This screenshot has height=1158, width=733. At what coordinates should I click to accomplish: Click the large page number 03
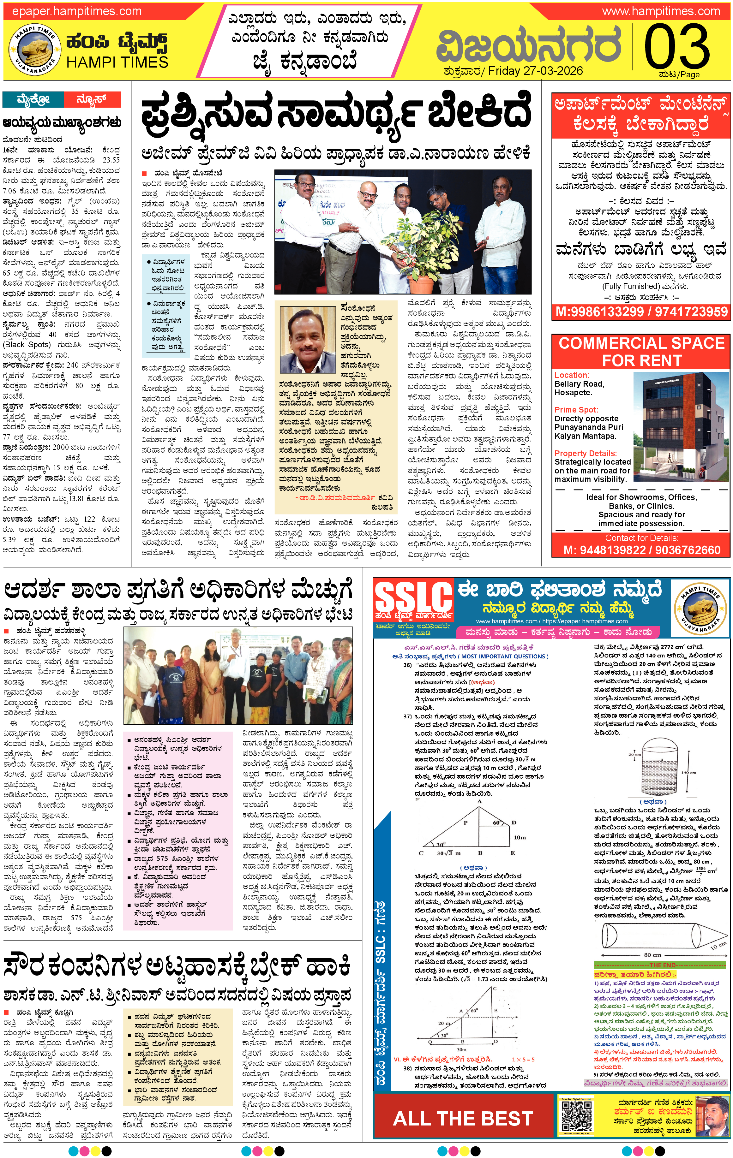coord(677,47)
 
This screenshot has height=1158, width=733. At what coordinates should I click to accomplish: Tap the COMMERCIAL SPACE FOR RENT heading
coord(641,352)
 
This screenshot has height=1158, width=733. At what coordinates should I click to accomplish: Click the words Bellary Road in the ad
coord(579,384)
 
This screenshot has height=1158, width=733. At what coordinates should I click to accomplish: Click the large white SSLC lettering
coord(413,596)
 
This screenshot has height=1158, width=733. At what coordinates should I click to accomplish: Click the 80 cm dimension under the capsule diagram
coord(652,954)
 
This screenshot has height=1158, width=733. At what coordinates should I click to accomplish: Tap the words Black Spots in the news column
coord(27,344)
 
